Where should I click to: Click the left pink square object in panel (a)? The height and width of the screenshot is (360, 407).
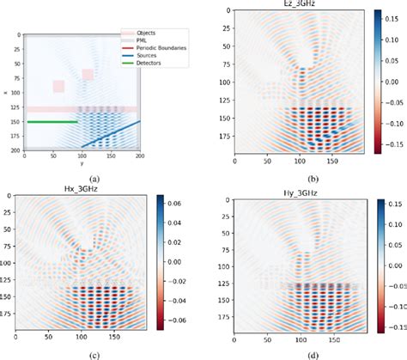tap(58, 86)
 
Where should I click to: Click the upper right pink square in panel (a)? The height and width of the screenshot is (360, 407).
tap(88, 75)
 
